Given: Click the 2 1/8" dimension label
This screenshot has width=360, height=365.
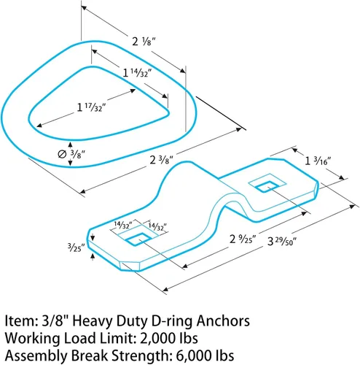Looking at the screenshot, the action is point(144,42).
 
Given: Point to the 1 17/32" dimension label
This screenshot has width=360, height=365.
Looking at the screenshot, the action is point(92,107).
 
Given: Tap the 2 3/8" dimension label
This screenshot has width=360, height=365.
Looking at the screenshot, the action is point(162,160).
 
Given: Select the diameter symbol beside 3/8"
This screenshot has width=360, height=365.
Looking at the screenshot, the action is point(62,154).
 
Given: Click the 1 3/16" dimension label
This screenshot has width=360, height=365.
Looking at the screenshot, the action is point(318,161).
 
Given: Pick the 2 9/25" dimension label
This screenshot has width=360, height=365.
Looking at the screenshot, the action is point(243,239).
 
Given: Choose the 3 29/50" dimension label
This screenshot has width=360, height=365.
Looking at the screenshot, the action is point(282,242).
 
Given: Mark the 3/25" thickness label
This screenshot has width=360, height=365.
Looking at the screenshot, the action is point(76,247).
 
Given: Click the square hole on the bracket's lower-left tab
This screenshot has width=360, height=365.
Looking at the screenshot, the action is point(138,239).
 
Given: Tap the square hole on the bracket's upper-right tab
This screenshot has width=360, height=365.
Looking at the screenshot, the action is point(267,186).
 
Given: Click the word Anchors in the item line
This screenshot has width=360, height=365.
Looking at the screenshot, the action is point(223,320).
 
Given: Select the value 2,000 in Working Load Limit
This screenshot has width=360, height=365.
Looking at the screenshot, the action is point(157,338).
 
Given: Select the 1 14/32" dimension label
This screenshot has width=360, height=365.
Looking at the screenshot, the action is point(138,73).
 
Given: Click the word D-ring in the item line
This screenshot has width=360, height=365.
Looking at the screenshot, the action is point(171,322).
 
